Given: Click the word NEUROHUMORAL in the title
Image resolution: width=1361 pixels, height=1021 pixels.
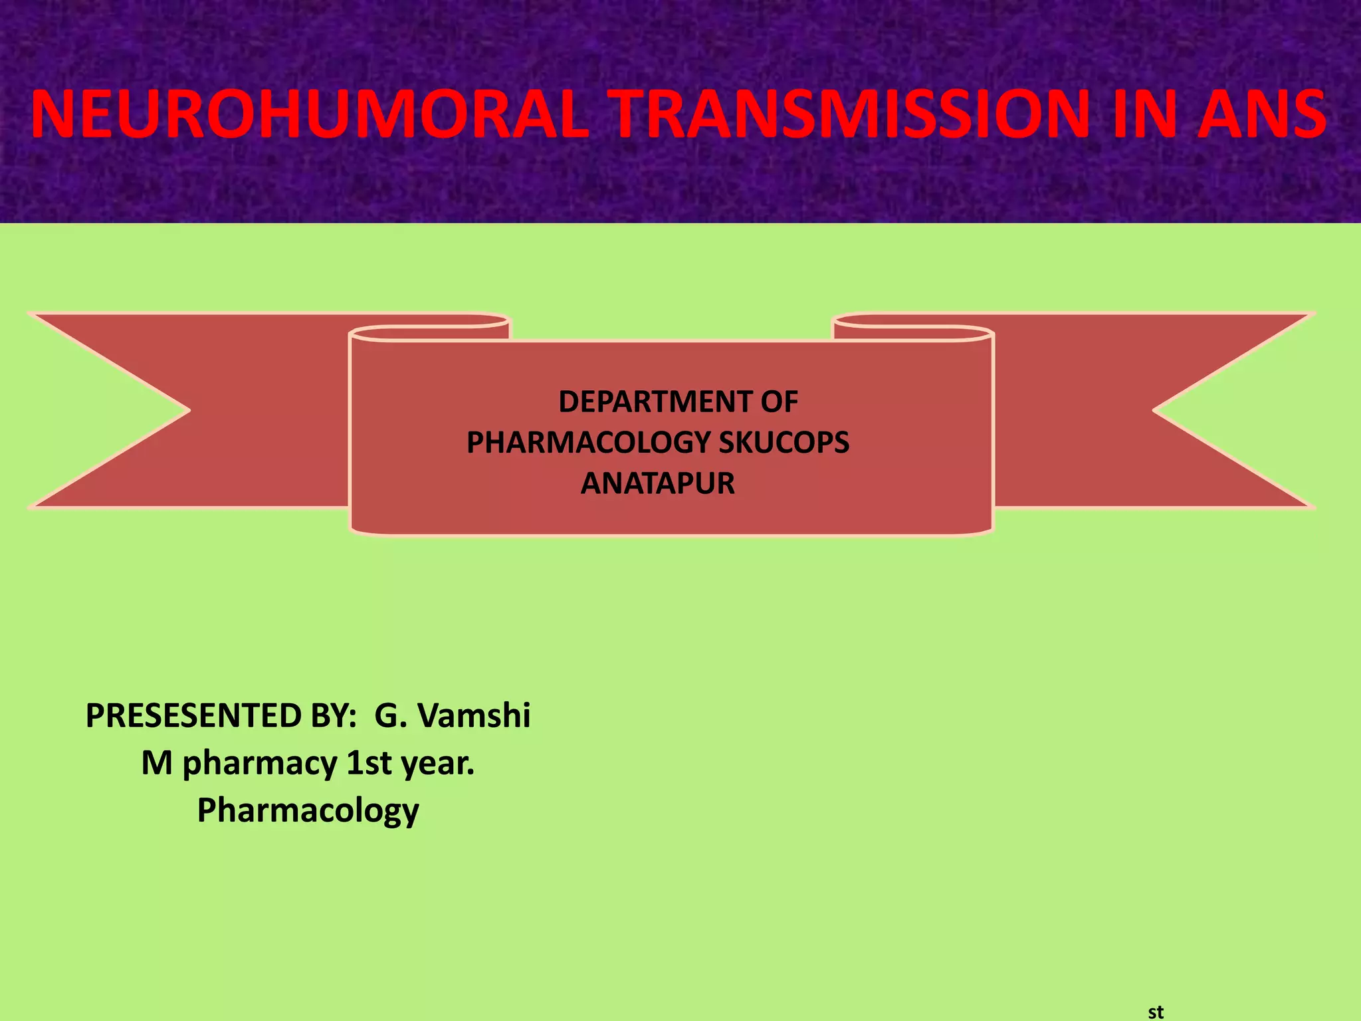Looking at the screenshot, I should [x=310, y=114].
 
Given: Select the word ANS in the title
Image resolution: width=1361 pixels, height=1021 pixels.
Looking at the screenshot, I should [x=1261, y=114].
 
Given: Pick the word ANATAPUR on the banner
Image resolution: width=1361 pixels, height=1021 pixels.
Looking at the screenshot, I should [x=658, y=483].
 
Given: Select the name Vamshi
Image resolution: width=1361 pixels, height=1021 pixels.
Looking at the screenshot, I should [x=474, y=716].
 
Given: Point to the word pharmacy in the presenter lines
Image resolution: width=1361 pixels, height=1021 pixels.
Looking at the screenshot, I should [x=260, y=763].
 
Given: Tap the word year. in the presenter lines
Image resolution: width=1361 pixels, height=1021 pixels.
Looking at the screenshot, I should [x=438, y=763].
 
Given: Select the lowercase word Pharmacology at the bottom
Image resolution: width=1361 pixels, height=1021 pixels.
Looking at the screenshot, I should [x=308, y=810].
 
